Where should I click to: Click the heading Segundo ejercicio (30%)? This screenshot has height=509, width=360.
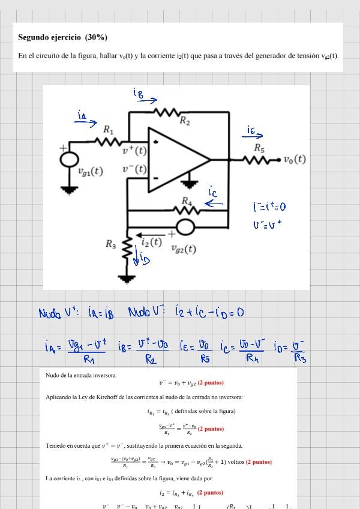click(x=63, y=37)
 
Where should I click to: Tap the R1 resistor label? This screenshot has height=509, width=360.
click(x=109, y=129)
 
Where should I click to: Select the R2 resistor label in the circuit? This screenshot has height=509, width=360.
click(x=185, y=121)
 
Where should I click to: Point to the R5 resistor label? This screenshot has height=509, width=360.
click(x=259, y=148)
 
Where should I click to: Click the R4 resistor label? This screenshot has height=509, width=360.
click(x=187, y=200)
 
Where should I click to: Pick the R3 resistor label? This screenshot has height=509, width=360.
click(x=111, y=244)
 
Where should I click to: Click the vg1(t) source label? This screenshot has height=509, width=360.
click(x=91, y=171)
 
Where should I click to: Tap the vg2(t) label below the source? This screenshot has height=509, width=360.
click(x=184, y=248)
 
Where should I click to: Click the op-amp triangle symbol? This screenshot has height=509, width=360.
click(x=177, y=160)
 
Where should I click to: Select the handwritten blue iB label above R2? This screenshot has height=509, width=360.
click(x=138, y=93)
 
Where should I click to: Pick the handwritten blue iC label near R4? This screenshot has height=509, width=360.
click(x=212, y=193)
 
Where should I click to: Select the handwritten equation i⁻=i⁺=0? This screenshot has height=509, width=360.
click(x=269, y=207)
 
